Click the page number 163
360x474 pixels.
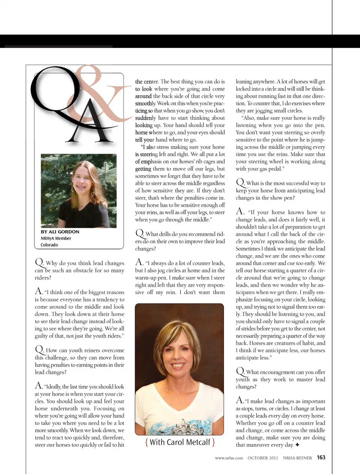coord(321,458)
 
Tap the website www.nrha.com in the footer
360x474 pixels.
coord(229,458)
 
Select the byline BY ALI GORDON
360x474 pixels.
coord(60,232)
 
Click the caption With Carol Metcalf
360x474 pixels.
coord(180,443)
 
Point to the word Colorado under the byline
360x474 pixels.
coord(49,245)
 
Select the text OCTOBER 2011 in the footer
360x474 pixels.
coord(263,458)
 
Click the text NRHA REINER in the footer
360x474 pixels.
coord(297,458)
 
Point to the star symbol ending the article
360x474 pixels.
coord(297,445)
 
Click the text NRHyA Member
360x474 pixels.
coord(56,238)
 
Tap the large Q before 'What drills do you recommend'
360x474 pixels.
coord(139,233)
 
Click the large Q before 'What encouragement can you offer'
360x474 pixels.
coord(240,371)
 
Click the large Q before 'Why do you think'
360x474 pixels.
coord(39,263)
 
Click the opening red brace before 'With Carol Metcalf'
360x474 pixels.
coord(147,443)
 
